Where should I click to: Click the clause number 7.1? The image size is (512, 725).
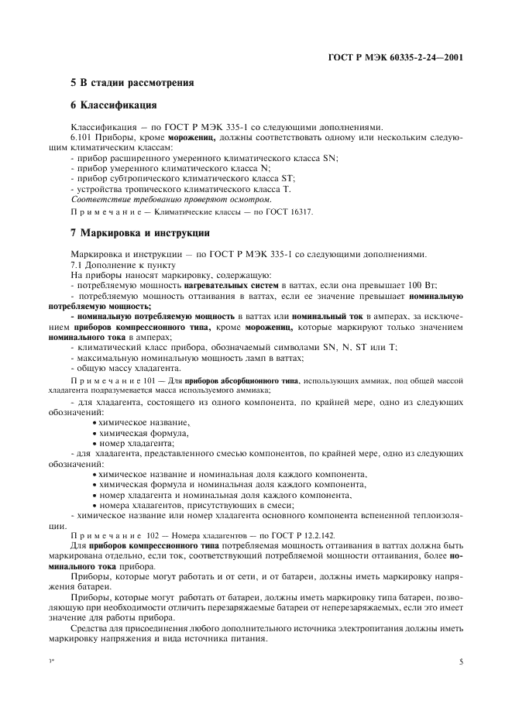(78, 265)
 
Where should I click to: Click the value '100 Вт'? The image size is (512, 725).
(383, 286)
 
